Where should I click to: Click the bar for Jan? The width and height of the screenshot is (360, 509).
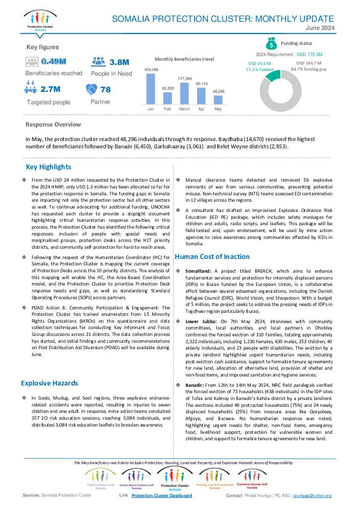coord(150,89)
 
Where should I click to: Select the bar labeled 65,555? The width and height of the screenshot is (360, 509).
coord(168,98)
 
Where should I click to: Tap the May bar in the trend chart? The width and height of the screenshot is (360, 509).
coord(218,100)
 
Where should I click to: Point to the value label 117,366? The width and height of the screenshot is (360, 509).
coord(185,79)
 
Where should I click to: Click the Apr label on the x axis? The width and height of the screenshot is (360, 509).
coord(201,109)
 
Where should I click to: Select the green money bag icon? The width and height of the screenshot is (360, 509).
coord(271,43)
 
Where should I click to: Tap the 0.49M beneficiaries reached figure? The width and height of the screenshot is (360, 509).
coord(54,62)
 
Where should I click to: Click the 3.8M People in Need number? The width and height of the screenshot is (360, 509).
coord(119,62)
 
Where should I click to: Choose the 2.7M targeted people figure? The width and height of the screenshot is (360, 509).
coord(50,89)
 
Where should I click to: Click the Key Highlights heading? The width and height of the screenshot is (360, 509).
coord(48,167)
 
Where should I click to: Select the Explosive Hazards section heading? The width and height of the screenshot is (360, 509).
coord(49,383)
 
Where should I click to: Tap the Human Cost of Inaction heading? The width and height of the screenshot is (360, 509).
coord(212,256)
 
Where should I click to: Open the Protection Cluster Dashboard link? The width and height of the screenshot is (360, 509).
coord(162,495)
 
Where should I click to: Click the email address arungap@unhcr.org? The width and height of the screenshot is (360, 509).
coord(312,495)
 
